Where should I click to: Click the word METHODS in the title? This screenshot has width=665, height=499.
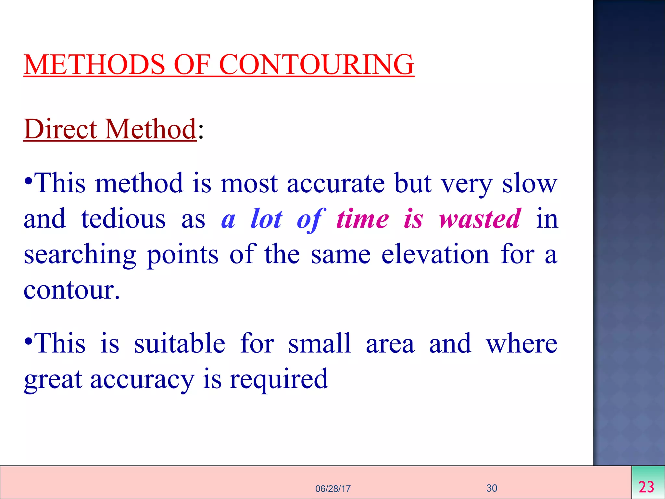click(x=94, y=64)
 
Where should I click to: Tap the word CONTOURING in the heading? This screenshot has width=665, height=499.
click(x=317, y=64)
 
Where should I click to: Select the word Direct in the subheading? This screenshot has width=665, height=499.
click(x=60, y=129)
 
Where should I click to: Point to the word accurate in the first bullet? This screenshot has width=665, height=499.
click(x=336, y=183)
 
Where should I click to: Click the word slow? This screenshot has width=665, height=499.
click(x=530, y=183)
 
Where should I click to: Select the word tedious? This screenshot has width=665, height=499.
click(x=123, y=219)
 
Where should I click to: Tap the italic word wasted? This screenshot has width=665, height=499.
click(x=480, y=219)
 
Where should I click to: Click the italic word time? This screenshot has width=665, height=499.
click(x=362, y=219)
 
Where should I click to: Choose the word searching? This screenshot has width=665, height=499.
click(x=80, y=255)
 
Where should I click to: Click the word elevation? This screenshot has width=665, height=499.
click(x=435, y=254)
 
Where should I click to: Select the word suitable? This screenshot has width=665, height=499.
click(x=180, y=343)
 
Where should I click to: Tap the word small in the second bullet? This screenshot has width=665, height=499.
click(x=320, y=343)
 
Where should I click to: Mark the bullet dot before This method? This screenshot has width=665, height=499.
click(x=28, y=180)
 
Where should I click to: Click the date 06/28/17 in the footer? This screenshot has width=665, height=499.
click(x=333, y=489)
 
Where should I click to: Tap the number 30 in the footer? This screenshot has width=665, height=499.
click(x=492, y=488)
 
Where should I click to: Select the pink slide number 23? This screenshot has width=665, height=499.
click(x=646, y=487)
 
